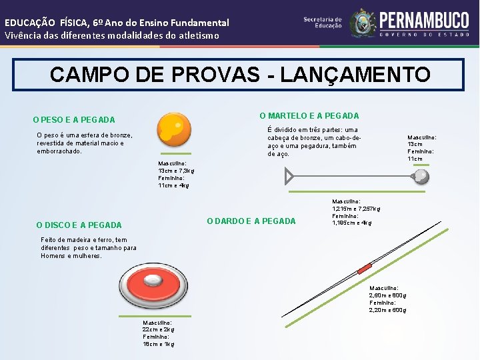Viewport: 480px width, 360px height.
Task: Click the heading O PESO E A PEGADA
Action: [74, 120]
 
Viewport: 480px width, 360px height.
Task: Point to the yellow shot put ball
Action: [173, 129]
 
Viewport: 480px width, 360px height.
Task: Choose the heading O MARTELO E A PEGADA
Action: [309, 115]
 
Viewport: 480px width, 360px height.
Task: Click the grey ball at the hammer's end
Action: [421, 176]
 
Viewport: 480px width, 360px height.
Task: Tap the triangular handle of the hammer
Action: [289, 176]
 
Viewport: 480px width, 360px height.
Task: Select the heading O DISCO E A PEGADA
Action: [79, 225]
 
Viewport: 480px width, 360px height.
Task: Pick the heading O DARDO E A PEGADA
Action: [251, 221]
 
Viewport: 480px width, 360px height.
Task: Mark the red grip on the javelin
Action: [363, 269]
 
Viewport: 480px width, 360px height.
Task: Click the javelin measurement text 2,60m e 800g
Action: [388, 295]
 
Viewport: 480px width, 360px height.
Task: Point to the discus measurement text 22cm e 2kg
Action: [158, 329]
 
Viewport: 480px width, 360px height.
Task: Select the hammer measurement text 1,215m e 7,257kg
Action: [356, 209]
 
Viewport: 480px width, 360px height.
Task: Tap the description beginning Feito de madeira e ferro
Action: [88, 247]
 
